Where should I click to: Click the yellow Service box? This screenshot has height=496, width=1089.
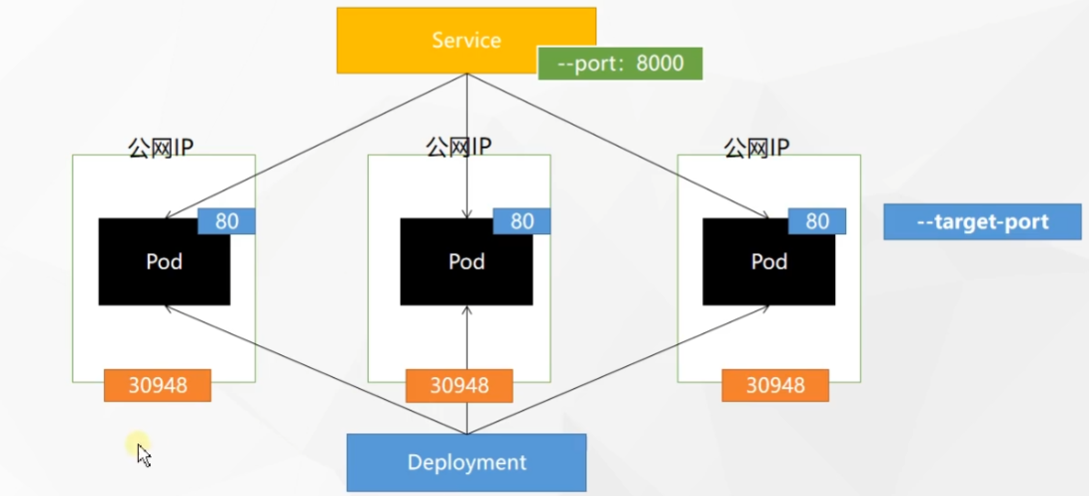pos(466,40)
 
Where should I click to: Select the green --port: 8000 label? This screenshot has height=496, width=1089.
pos(620,63)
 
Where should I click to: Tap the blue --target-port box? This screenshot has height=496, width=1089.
pos(982,221)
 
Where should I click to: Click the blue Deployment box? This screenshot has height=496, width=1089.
pos(466,462)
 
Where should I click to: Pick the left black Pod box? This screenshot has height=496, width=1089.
pos(164,262)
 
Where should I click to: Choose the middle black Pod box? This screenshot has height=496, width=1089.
pos(466,262)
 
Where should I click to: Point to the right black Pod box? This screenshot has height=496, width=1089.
pos(769,262)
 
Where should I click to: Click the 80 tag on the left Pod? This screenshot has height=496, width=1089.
pos(227,221)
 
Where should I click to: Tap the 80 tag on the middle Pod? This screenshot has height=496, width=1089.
pos(522,221)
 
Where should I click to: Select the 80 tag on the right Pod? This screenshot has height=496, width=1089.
pos(817,221)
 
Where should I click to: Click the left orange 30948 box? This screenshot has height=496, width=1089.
pos(158,385)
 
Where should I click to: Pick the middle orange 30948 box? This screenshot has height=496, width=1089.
pos(459,385)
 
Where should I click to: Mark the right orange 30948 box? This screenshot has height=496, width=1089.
pos(775,385)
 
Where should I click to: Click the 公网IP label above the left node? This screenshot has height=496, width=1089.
pos(161,148)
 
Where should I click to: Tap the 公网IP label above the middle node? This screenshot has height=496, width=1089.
pos(459,148)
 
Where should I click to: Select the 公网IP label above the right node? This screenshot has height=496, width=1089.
pos(757,148)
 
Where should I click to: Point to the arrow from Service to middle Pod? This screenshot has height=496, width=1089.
pos(466,149)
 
